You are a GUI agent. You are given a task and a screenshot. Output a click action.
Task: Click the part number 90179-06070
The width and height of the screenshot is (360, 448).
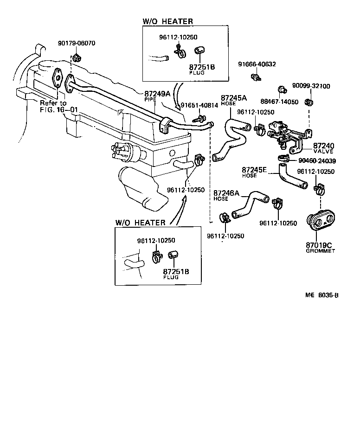(77, 44)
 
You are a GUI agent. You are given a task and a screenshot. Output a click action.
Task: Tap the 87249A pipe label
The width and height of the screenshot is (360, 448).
(158, 96)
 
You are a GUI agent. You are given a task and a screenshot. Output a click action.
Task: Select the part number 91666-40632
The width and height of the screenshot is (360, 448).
(257, 64)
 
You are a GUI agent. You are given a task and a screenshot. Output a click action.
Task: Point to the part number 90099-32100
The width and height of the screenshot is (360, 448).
(311, 86)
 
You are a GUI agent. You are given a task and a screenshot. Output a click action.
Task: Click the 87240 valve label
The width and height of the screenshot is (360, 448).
(323, 148)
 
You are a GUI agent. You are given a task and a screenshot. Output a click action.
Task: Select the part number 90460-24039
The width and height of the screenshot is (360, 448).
(316, 161)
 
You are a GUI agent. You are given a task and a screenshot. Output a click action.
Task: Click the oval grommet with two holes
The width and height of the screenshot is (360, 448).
(321, 222)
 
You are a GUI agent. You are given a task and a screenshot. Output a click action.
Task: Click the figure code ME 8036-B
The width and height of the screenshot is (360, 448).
(321, 295)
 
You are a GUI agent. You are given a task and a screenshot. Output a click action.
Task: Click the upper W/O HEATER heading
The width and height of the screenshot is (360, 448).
(167, 21)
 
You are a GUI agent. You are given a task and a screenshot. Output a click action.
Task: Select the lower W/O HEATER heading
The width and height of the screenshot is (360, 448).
(141, 222)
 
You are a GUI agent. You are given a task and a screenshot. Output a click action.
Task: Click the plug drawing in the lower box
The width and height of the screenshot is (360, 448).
(173, 255)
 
